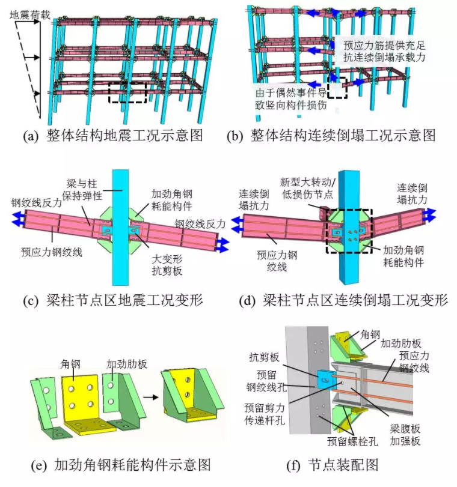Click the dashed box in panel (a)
pyautogui.click(x=127, y=92)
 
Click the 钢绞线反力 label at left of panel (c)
pyautogui.click(x=36, y=204)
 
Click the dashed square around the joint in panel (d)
pyautogui.click(x=348, y=231)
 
